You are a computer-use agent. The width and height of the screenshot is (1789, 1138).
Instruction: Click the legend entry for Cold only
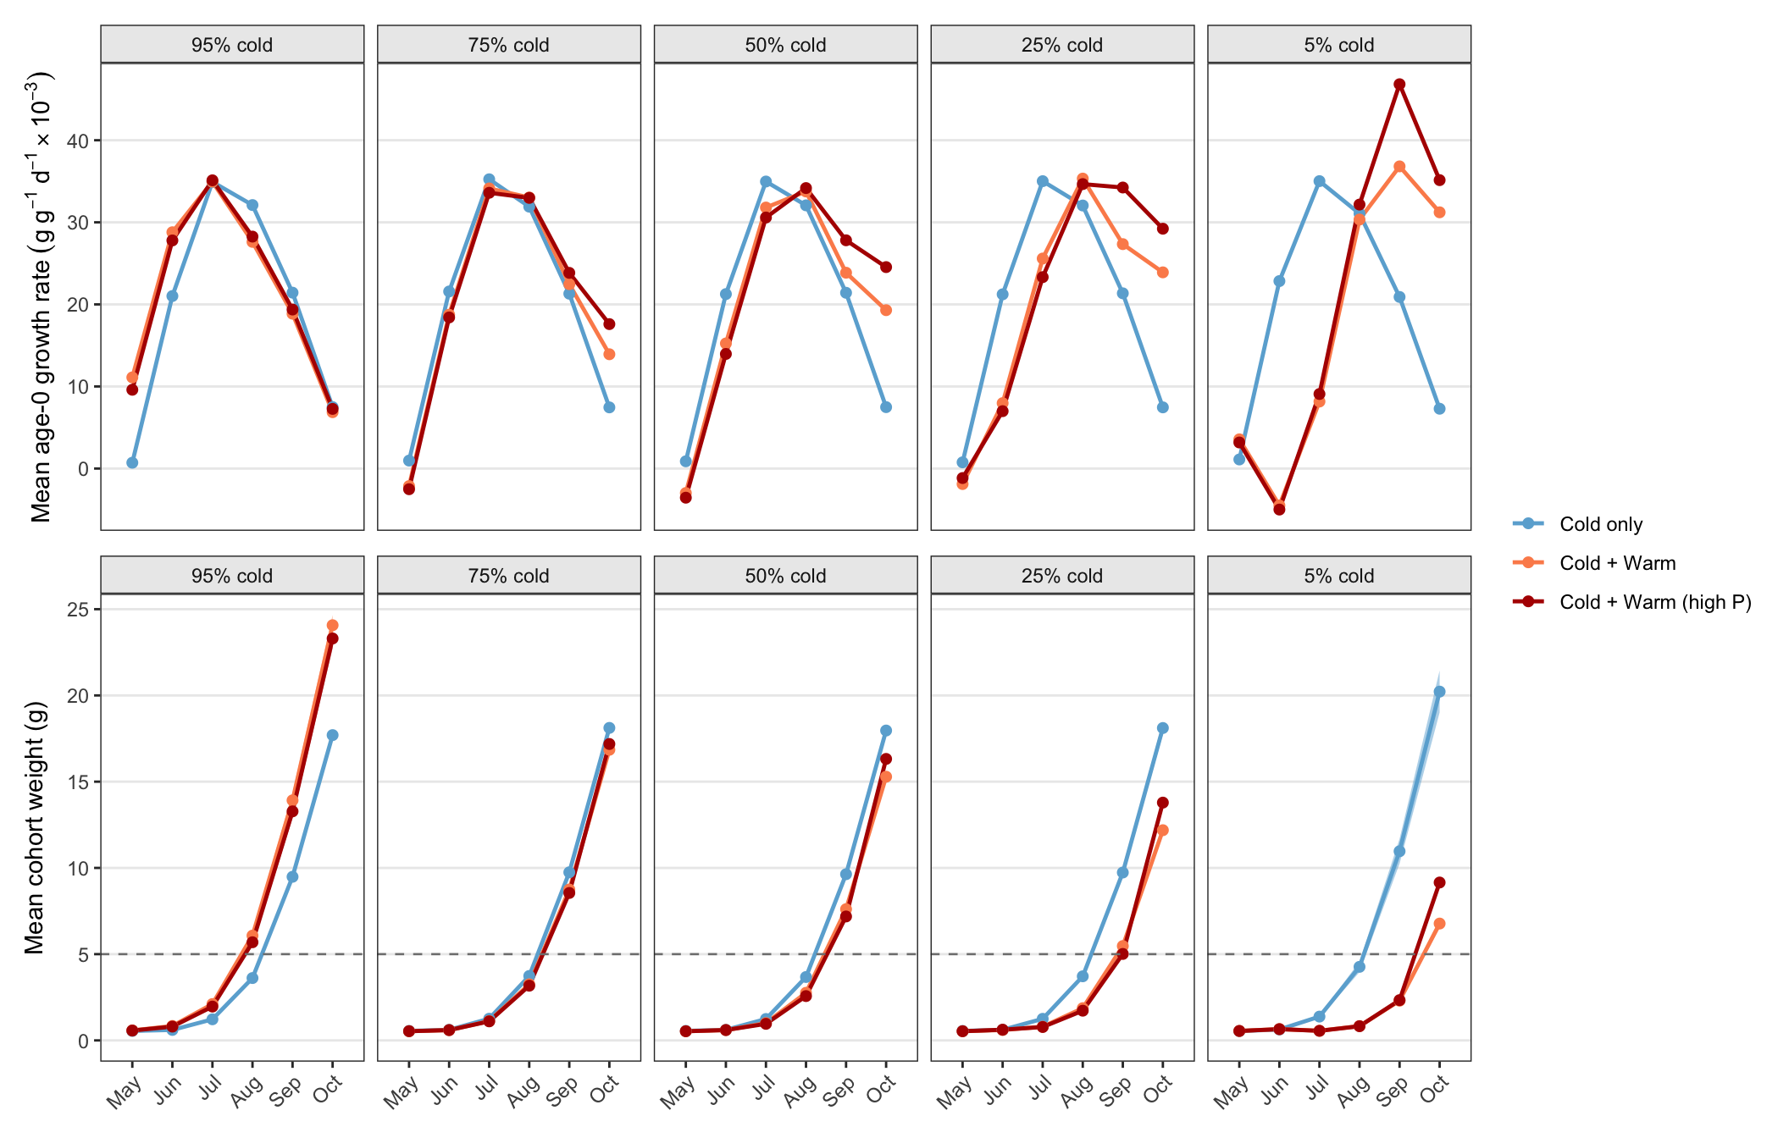coord(1577,524)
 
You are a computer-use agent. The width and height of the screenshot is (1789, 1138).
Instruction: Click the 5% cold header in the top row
coord(1339,45)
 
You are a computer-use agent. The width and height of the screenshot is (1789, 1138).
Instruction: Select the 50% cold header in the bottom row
coord(785,576)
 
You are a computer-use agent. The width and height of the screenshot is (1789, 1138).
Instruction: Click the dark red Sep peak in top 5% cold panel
coord(1399,85)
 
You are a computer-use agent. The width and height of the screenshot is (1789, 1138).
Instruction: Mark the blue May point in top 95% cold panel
coord(132,463)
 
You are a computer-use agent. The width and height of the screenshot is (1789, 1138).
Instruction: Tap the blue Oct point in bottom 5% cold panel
coord(1439,692)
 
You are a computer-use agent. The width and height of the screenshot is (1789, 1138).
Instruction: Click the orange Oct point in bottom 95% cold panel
coord(332,626)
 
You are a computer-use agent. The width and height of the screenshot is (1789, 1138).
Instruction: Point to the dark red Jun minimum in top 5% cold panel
coord(1279,510)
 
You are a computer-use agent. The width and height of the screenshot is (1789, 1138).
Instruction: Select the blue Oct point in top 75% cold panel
coord(609,407)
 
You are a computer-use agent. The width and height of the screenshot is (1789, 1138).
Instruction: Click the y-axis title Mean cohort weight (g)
coord(35,827)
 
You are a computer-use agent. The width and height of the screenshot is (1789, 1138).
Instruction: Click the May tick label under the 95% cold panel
coord(125,1092)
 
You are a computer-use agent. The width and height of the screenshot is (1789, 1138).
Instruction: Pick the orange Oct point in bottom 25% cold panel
coord(1163,831)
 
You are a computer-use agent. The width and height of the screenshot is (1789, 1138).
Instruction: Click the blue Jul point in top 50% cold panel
coord(766,181)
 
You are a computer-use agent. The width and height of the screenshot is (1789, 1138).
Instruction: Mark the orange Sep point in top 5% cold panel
coord(1399,167)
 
